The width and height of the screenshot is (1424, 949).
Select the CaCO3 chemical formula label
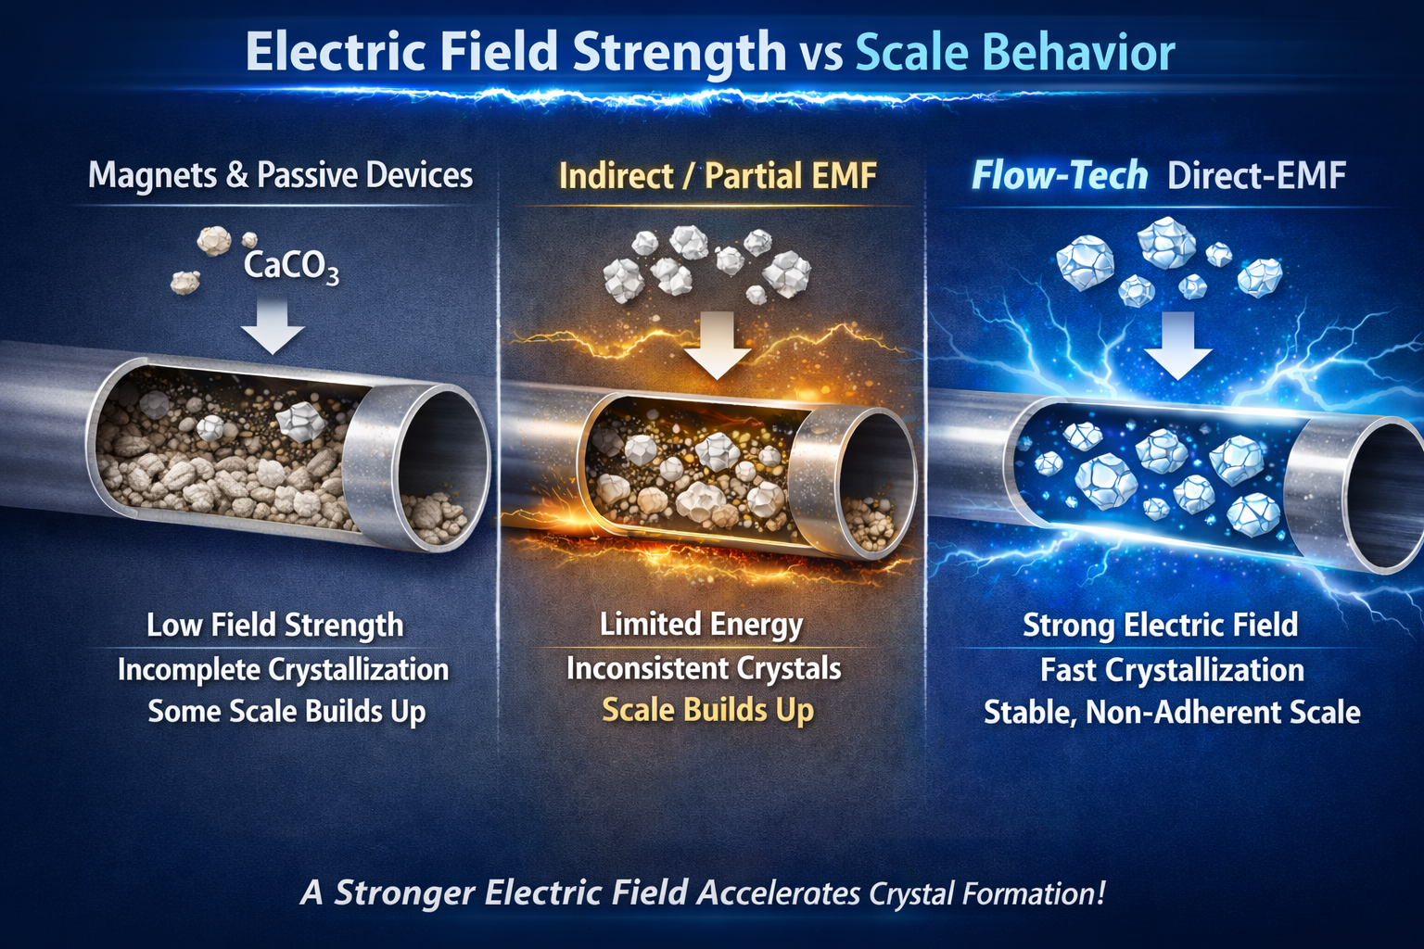291,266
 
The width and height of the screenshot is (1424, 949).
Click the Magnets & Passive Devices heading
280,175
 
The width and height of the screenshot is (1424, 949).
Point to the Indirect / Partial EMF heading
718,175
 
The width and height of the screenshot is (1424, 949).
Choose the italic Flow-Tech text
1060,175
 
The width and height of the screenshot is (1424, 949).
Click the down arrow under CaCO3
273,327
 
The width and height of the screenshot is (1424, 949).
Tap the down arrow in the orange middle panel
718,346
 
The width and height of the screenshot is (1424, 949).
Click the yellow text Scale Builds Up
707,710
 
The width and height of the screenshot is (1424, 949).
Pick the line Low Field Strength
274,625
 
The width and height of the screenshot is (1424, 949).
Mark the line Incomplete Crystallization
283,670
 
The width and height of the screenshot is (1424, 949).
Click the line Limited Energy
701,625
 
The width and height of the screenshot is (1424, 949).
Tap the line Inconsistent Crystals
704,669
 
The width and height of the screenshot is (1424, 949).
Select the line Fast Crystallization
1172,670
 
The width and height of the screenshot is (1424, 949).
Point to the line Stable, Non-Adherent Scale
1172,712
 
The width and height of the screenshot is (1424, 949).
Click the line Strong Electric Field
1160,625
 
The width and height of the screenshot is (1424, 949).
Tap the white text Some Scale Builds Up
286,712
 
